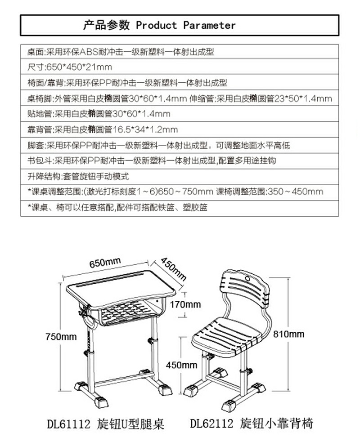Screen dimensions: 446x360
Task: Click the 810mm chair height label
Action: (289, 334)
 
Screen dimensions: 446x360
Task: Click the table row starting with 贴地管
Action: (99, 114)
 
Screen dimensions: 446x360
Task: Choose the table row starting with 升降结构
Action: (78, 176)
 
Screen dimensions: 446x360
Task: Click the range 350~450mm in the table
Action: (295, 192)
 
